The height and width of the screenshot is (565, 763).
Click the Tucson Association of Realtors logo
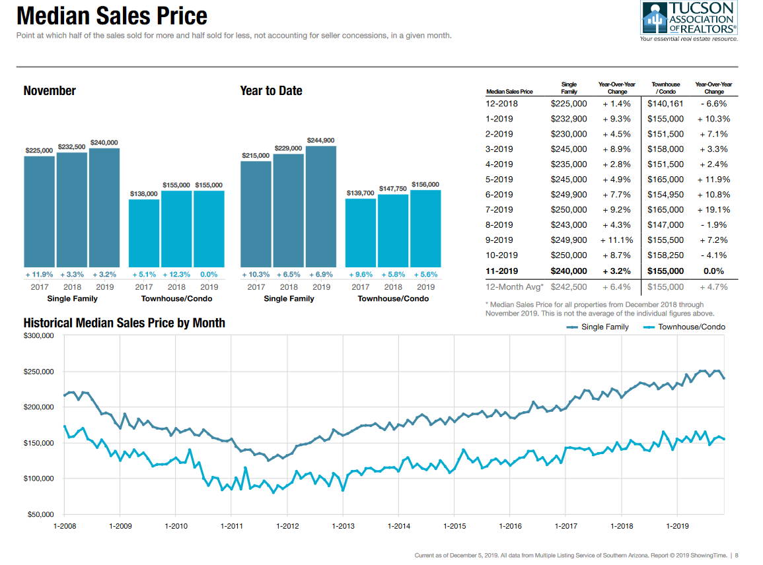tap(688, 20)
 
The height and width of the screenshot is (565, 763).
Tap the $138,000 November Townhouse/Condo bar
tap(144, 232)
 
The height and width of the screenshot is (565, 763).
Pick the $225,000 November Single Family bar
tap(40, 211)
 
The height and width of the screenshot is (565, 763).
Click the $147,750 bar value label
tap(393, 189)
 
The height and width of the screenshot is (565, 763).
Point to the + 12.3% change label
tap(176, 274)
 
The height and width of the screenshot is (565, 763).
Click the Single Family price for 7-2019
tap(568, 210)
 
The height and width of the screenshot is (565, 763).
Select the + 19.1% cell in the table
tap(713, 210)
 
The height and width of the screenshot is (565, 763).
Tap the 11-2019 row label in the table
tap(502, 271)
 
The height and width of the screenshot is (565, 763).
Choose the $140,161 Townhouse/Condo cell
tap(665, 104)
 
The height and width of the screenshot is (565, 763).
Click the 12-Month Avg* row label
tap(513, 287)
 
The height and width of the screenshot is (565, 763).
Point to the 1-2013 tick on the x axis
tap(343, 526)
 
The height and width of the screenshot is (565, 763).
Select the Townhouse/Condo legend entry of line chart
tap(684, 327)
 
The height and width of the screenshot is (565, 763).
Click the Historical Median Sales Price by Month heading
tap(124, 323)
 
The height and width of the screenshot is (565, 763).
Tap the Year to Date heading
tap(271, 91)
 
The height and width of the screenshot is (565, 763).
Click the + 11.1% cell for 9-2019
tap(616, 240)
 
